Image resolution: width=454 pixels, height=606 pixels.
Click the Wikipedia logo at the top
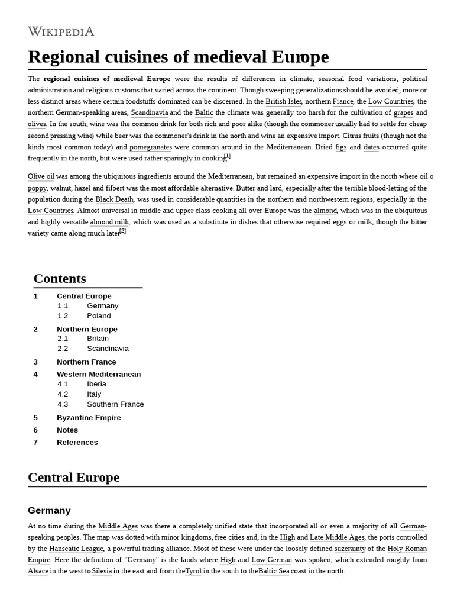(61, 31)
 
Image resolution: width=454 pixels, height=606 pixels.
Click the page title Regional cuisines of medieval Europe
(178, 57)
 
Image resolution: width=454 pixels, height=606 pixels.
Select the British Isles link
(284, 101)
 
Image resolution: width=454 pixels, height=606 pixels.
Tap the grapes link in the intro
(403, 112)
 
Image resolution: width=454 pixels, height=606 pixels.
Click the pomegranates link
(151, 147)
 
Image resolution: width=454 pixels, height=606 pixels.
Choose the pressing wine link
(72, 136)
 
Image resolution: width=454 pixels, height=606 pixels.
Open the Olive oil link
(41, 176)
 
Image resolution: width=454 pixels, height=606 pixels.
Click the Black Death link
(115, 199)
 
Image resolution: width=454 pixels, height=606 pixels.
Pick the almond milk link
(109, 222)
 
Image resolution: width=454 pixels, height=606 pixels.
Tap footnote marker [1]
(228, 156)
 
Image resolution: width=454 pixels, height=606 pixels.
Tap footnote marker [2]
(123, 231)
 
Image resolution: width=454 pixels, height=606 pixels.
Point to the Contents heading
(60, 279)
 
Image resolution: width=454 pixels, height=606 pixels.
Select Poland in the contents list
(99, 316)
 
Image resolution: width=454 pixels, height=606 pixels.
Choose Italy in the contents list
(94, 394)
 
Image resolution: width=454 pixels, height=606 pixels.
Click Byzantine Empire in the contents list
(89, 418)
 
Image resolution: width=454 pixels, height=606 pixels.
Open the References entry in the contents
(77, 443)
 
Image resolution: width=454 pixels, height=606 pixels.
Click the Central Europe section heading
(73, 478)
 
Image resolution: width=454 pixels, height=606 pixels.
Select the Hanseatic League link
(76, 549)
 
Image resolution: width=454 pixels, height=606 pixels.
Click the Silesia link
(102, 571)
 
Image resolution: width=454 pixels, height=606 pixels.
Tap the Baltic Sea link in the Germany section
(274, 571)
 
